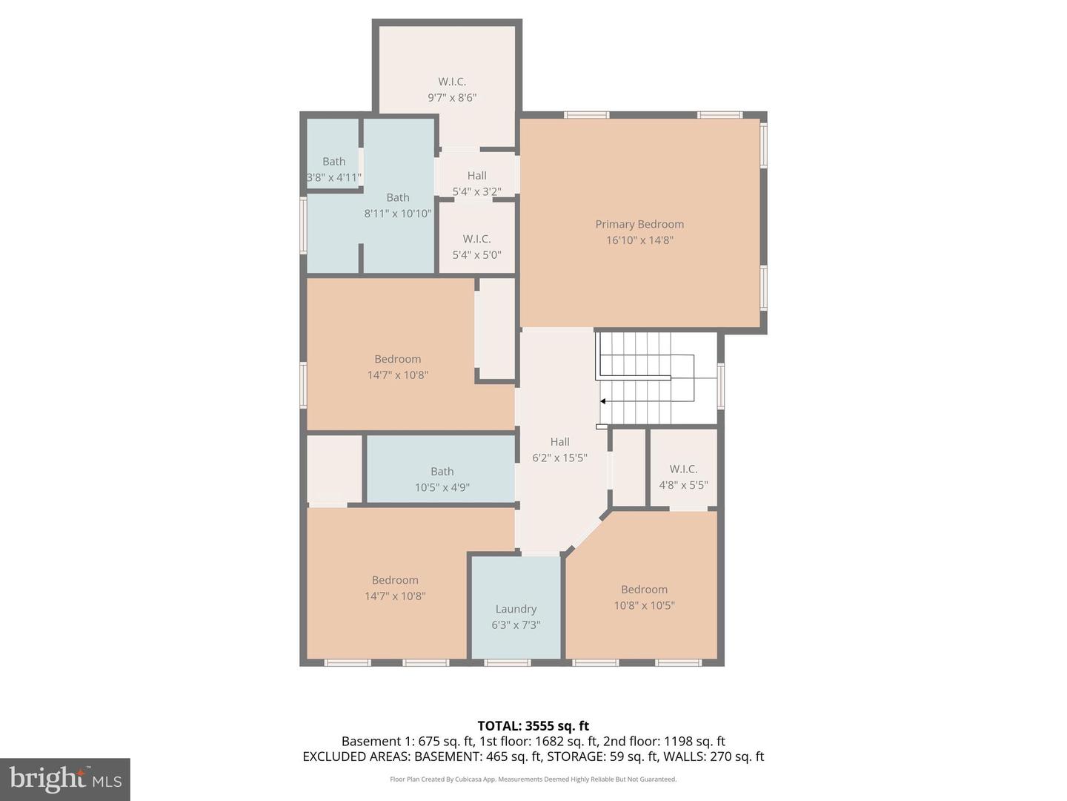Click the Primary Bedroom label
point(639,224)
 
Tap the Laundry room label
point(516,609)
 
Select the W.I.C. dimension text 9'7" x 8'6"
point(451,97)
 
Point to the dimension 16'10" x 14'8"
point(639,240)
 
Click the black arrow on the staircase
point(603,401)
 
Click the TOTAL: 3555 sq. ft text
point(533,726)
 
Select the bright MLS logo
point(64,779)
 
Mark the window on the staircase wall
point(721,386)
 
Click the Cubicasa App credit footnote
point(533,779)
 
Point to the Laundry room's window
point(508,662)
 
